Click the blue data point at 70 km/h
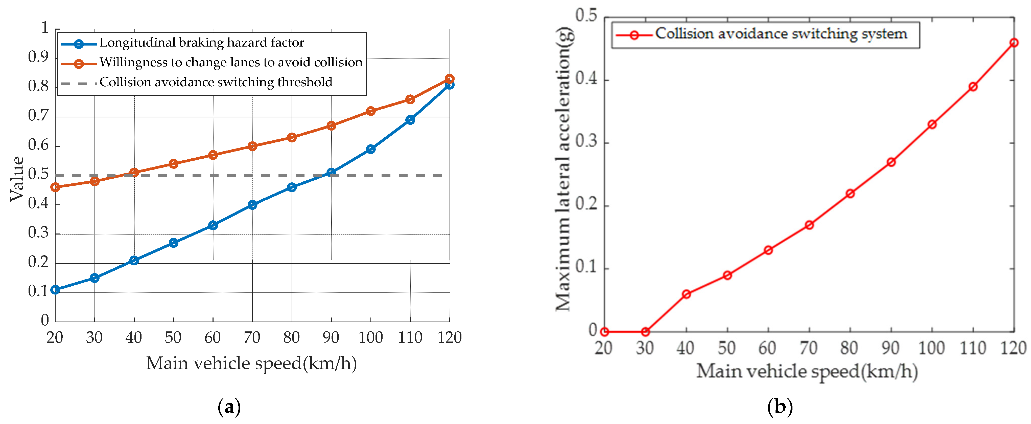(x=252, y=205)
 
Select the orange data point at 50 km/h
(x=173, y=163)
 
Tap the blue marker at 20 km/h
(x=55, y=289)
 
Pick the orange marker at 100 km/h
(x=371, y=111)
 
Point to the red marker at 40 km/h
(x=686, y=294)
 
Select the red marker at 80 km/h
(x=850, y=194)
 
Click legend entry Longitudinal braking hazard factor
(x=201, y=43)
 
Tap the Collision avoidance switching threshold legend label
(x=216, y=82)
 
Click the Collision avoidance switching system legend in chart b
(x=781, y=34)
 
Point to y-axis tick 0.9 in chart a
(x=38, y=57)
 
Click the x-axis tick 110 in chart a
(x=410, y=337)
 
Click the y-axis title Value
(x=17, y=179)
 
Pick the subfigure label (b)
(x=779, y=407)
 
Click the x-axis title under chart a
(x=251, y=364)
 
